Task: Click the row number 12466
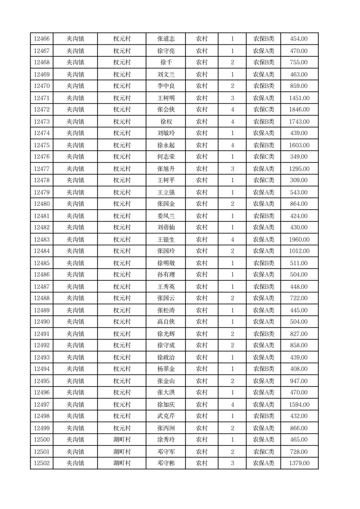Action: (42, 39)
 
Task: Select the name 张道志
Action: (165, 39)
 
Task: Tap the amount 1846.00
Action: (299, 109)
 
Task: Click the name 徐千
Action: (165, 63)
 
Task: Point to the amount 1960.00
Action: (299, 240)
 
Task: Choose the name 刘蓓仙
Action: (165, 227)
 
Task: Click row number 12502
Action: (42, 463)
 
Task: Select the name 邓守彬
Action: (165, 463)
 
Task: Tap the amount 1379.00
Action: (299, 463)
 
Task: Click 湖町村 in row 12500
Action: (122, 440)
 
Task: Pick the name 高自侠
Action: (165, 322)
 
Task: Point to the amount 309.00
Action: (299, 180)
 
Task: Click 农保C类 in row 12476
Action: (263, 157)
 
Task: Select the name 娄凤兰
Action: (165, 216)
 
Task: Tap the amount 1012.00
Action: (299, 251)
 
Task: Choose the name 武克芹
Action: (165, 416)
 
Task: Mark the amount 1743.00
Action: (299, 122)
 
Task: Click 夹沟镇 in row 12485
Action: (75, 263)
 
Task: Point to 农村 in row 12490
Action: (201, 322)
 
